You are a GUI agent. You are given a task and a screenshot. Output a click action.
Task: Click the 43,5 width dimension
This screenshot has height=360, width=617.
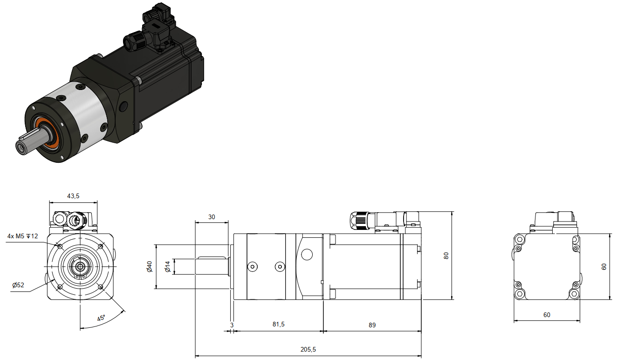[73, 196]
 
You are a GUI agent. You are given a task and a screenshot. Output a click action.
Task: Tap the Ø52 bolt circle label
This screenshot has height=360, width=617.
[18, 285]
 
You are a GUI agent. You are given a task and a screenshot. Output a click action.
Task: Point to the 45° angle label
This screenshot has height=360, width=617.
[101, 318]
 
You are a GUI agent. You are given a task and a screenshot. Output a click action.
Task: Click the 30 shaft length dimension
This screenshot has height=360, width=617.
[212, 217]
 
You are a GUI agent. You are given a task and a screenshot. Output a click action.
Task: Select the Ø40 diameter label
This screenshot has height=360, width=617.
[149, 267]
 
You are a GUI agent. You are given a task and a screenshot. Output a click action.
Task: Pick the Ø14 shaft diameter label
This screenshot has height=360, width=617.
[167, 267]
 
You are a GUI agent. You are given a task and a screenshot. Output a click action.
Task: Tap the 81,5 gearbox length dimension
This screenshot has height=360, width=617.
[279, 325]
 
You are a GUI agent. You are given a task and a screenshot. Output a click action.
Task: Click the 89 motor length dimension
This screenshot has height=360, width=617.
[372, 325]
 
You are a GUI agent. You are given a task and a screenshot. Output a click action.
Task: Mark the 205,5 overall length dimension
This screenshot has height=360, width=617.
[308, 350]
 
